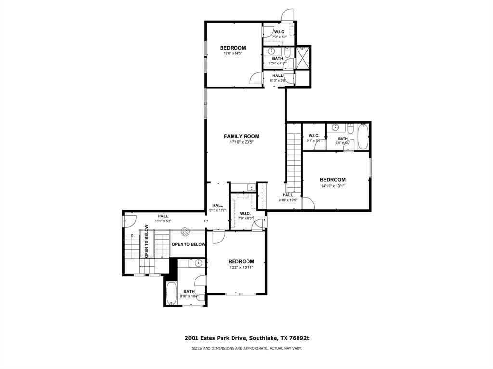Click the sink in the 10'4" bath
(x=272, y=51)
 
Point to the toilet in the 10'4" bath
(x=287, y=51)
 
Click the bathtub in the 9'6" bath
(x=363, y=136)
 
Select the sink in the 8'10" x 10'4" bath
(x=198, y=263)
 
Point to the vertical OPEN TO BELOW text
(x=146, y=241)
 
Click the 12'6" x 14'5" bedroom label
(x=233, y=48)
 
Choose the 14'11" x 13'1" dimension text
(x=333, y=186)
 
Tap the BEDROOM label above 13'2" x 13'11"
(x=241, y=261)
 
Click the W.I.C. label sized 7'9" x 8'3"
(x=246, y=213)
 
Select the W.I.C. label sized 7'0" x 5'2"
(x=279, y=32)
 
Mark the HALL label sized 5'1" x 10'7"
(x=218, y=205)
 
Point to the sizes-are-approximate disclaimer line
(x=246, y=348)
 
